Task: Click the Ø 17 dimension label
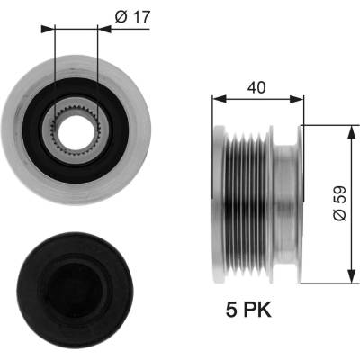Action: point(132,17)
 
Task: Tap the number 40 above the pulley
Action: point(256,87)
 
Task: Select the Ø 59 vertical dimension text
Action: point(340,203)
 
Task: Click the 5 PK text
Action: point(248,310)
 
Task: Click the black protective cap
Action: point(75,289)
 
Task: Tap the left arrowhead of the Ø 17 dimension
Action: point(48,29)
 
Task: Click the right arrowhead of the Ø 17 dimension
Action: point(104,29)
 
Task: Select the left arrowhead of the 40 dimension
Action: point(220,99)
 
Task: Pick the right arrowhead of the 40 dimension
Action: point(297,99)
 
